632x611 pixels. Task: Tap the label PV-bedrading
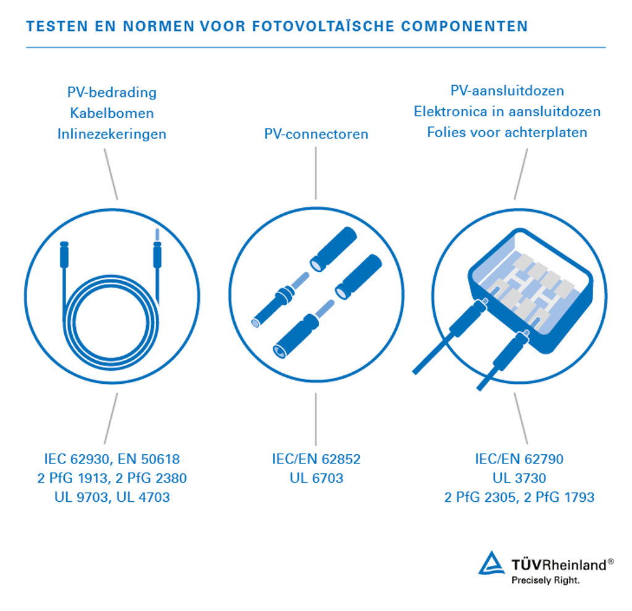point(112,93)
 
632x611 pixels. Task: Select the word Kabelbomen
point(112,114)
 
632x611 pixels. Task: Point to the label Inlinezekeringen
point(112,134)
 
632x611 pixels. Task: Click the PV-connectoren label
point(316,134)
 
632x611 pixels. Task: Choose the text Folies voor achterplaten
point(507,132)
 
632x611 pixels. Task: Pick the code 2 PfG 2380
point(151,478)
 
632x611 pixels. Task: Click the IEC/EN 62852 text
point(316,459)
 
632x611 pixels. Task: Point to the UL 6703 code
point(316,478)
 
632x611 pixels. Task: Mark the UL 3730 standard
point(519,478)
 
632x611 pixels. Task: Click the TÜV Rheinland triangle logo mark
point(492,563)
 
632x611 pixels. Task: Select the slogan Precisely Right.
point(546,581)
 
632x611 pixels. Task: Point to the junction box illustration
point(531,290)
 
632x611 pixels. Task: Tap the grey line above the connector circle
point(316,173)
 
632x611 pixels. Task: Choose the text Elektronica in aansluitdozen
point(507,112)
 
